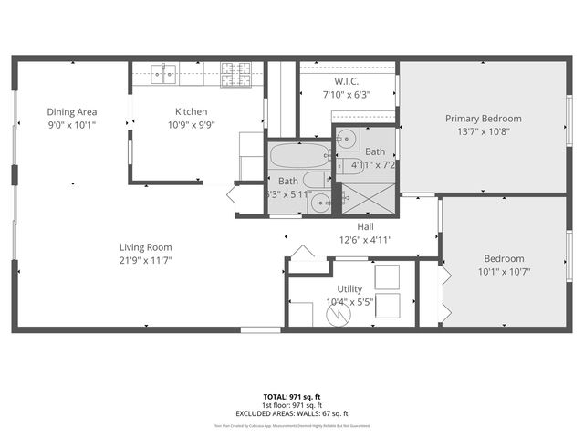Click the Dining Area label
click(x=72, y=112)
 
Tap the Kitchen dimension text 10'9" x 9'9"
click(x=192, y=126)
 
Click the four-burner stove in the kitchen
click(x=235, y=73)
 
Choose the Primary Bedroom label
click(x=483, y=119)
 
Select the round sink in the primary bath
click(x=347, y=140)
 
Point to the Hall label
click(x=365, y=226)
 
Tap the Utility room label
click(x=349, y=288)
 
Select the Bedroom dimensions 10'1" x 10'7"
click(x=504, y=271)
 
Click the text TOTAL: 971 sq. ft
click(x=292, y=397)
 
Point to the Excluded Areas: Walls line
click(x=292, y=413)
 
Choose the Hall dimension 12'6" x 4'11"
click(x=365, y=240)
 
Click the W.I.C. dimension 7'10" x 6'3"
click(x=347, y=94)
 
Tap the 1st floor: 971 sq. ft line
click(x=292, y=405)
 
